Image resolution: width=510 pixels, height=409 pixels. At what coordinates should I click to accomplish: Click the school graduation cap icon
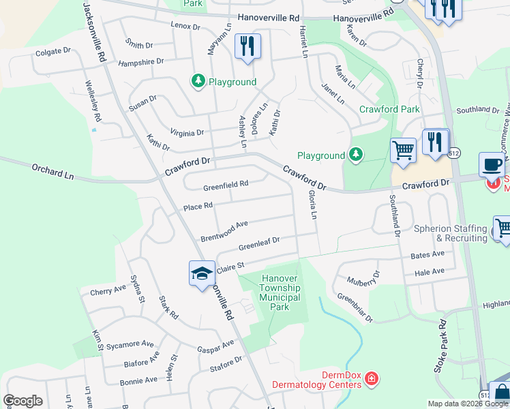pos(202,273)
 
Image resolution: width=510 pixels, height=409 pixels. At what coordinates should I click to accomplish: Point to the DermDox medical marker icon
pos(371,378)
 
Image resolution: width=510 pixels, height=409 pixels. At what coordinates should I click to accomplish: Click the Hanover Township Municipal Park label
pos(280,292)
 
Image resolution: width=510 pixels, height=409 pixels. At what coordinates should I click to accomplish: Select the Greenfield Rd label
pos(226,184)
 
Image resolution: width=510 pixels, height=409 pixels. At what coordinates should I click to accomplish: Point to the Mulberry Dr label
pos(363,277)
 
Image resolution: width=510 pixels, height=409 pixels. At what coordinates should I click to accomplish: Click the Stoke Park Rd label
pos(440,348)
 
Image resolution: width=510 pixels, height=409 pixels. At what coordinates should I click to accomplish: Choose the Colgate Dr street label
pos(52,51)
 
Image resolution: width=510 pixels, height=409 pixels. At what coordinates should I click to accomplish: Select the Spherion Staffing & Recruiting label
pos(451,233)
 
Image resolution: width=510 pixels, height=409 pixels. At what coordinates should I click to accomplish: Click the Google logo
pos(22,401)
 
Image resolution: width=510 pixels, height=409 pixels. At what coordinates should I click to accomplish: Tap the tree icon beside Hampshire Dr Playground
pos(198,82)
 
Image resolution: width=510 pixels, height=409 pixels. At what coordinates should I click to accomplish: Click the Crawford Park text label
pos(389,109)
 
